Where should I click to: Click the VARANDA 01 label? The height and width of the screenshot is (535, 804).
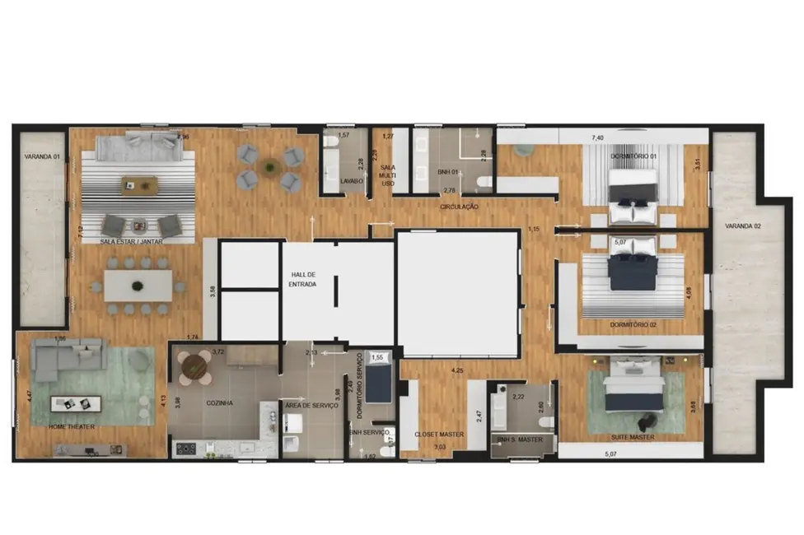click(x=41, y=156)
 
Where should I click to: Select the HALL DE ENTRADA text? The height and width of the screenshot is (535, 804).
click(x=303, y=279)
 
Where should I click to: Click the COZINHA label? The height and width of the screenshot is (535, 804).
click(x=219, y=403)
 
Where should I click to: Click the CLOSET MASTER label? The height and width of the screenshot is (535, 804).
click(x=440, y=435)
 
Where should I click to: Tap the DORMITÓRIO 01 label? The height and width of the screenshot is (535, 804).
click(x=633, y=156)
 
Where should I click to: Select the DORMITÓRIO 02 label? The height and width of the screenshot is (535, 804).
click(x=633, y=325)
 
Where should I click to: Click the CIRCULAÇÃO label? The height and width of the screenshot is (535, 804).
click(x=459, y=207)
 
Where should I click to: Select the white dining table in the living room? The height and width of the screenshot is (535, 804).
click(x=138, y=286)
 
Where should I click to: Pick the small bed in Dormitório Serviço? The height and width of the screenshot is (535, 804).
click(x=378, y=384)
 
